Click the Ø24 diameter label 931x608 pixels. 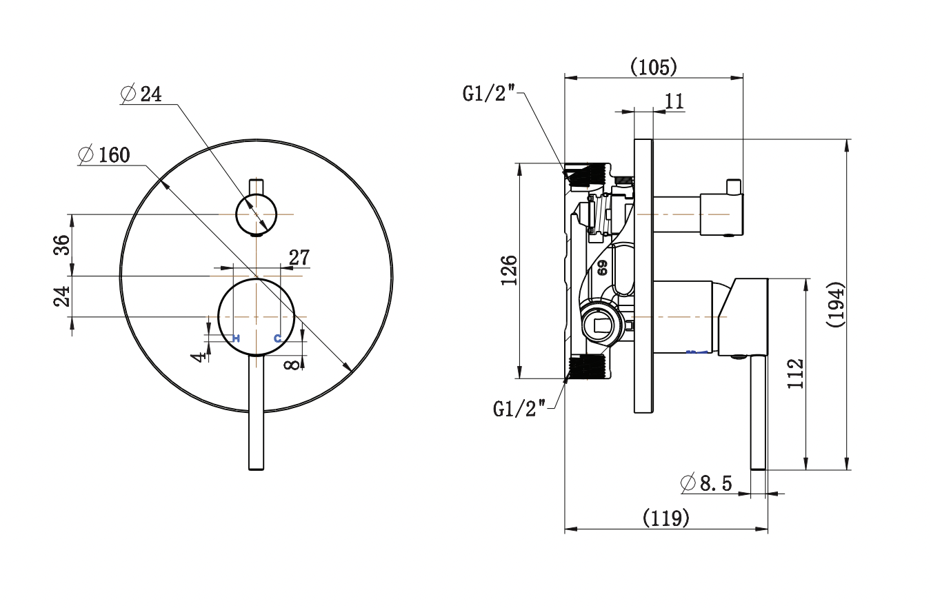pos(141,94)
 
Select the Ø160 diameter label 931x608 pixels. pos(105,155)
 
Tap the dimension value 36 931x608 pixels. pos(63,245)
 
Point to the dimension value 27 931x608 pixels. pos(299,258)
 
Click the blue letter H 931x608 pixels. pos(236,338)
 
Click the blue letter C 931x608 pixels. pos(277,338)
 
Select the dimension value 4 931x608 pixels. pos(200,356)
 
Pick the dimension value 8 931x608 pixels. pos(294,363)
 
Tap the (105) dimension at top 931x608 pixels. pos(653,67)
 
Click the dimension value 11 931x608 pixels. pos(674,101)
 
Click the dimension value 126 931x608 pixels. pos(508,271)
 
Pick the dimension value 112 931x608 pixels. pos(796,373)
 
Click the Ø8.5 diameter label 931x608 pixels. pos(706,483)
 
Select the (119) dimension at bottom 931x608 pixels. pos(665,518)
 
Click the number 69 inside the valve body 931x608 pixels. pos(602,267)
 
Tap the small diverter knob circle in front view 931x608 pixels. pos(256,214)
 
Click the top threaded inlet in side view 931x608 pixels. pos(588,174)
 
